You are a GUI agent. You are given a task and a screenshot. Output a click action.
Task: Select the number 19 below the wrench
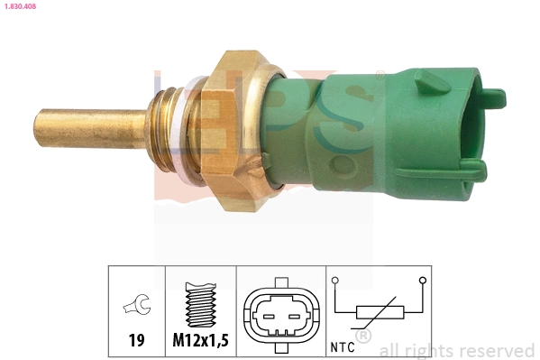tap(136, 342)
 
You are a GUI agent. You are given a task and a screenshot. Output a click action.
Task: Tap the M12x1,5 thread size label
tap(200, 342)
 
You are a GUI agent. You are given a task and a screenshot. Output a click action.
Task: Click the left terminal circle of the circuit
tap(335, 281)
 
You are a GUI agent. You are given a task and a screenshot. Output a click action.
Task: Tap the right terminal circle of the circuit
tap(420, 281)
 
